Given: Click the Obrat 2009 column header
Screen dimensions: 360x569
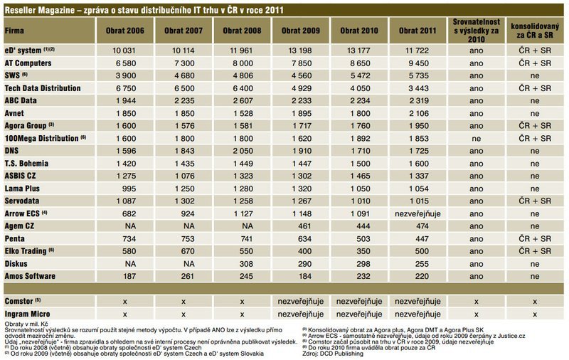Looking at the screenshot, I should [299, 32].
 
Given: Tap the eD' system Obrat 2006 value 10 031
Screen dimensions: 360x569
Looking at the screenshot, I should [124, 50].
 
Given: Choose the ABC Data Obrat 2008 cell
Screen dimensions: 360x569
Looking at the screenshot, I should [241, 100].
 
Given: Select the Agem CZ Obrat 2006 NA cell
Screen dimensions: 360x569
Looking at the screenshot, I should [124, 224].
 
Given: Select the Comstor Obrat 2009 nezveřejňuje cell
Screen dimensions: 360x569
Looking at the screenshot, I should [299, 301].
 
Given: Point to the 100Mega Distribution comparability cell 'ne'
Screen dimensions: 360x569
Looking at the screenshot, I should [477, 137].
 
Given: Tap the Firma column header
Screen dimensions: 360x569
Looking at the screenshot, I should [14, 32].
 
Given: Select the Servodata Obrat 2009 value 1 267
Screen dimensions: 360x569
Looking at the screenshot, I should [299, 199].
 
